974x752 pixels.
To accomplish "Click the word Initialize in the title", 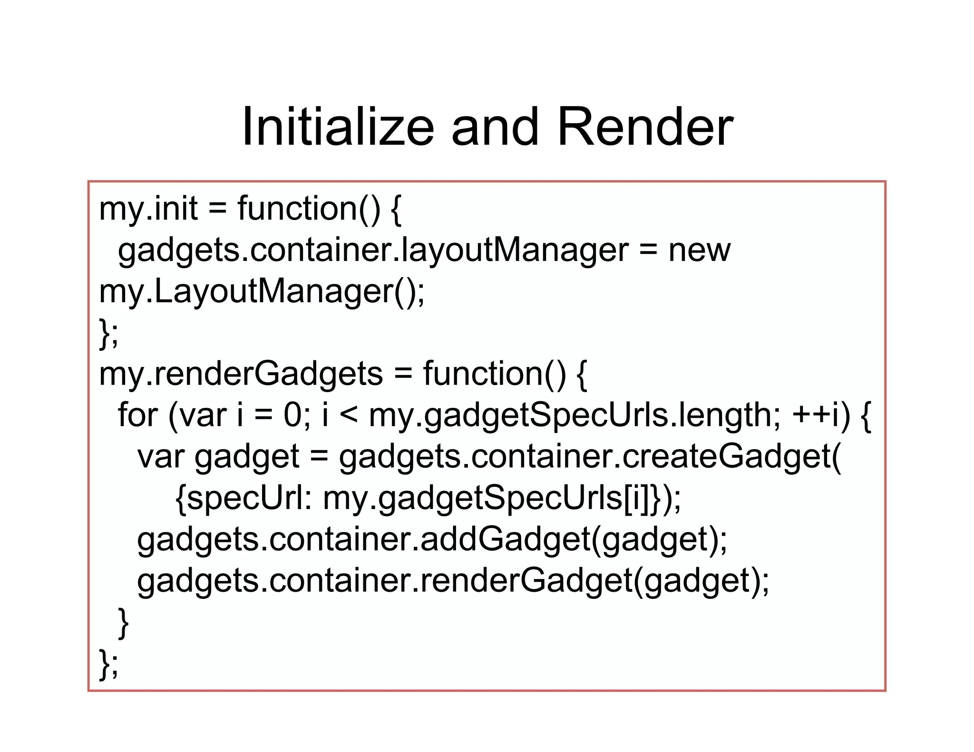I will click(x=338, y=127).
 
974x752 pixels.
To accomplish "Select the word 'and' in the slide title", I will click(x=495, y=127).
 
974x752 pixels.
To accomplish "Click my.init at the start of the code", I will click(x=148, y=209).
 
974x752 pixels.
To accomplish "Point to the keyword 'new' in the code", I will click(x=699, y=251).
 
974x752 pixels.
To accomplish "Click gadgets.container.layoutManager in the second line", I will click(x=373, y=251).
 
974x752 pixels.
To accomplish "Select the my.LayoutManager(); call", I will click(x=262, y=292).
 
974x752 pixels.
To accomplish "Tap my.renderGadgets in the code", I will click(x=241, y=374).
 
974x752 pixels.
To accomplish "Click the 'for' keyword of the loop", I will click(x=137, y=415).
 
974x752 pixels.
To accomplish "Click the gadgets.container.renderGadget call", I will click(x=453, y=581).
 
